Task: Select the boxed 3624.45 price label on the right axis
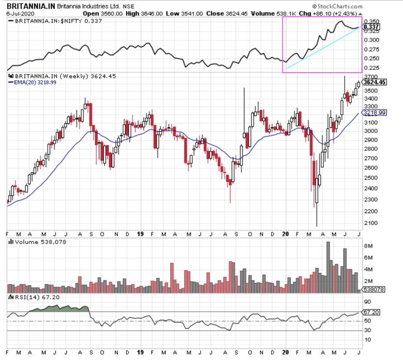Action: [x=374, y=82]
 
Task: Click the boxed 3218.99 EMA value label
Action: [x=374, y=113]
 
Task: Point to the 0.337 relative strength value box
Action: [x=371, y=27]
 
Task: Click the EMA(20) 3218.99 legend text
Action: [x=33, y=82]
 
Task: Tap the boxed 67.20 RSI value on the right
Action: [x=371, y=312]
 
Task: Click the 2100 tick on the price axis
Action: [x=369, y=223]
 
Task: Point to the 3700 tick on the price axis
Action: [x=369, y=76]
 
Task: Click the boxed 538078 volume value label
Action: [x=373, y=290]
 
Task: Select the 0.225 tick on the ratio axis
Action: [x=371, y=68]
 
